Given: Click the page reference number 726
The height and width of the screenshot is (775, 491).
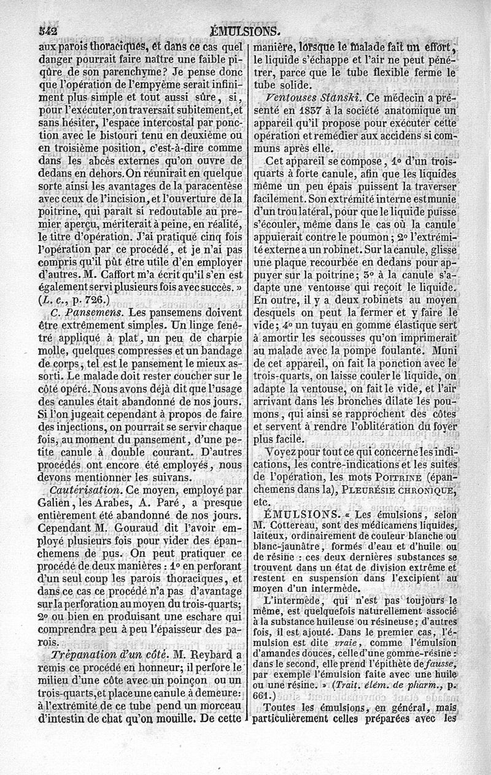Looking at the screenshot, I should (96, 300).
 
